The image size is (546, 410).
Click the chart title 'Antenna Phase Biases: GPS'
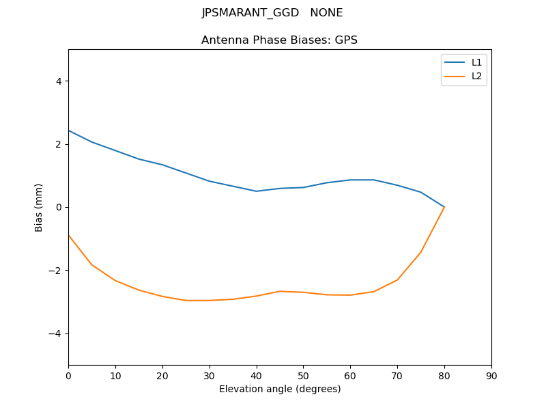point(279,40)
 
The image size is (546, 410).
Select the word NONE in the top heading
point(326,13)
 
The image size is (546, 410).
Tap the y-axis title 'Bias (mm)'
point(39,207)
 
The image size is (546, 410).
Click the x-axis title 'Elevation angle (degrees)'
point(280,389)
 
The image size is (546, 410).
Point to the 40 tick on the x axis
point(257,375)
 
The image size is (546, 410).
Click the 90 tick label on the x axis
point(491,375)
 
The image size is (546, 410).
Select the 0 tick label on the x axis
point(68,375)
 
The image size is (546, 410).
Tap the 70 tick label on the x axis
point(397,375)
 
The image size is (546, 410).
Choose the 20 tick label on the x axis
point(162,375)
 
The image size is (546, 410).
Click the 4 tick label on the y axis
point(58,81)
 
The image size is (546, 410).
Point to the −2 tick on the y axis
point(55,271)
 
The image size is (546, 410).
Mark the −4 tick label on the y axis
point(55,333)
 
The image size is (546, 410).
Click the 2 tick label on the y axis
point(58,144)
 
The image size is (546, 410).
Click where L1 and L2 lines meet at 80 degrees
point(444,207)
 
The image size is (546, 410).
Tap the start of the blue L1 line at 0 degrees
point(69,131)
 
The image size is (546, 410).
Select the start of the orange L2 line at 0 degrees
point(69,235)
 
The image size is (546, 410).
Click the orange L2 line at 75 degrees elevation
point(421,251)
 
